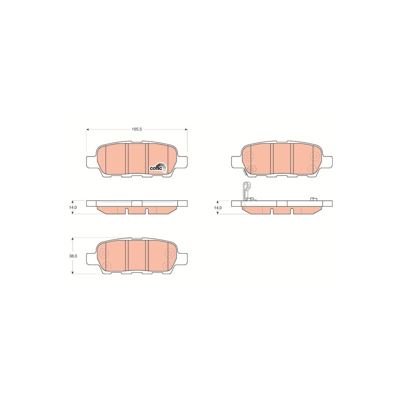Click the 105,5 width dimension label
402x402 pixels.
tap(137, 130)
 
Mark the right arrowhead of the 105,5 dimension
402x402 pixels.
tap(186, 130)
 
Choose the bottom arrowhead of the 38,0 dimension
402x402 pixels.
tap(73, 272)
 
